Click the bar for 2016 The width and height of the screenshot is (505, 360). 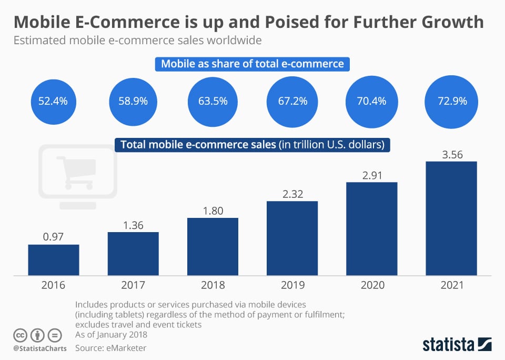coord(54,260)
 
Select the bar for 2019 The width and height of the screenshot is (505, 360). coord(292,238)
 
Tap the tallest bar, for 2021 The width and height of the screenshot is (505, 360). coord(451,218)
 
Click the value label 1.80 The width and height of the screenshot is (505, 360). coord(213,211)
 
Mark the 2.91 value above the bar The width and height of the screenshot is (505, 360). coord(371,175)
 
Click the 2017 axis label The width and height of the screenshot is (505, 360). coord(133,285)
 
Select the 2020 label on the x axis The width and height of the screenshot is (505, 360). coord(371,285)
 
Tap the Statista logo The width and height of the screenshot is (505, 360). coord(457,345)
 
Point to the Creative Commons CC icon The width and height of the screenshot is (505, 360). coord(21,335)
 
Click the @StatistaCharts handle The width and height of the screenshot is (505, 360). coord(40,348)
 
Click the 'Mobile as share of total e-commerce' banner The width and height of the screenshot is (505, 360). coord(252,64)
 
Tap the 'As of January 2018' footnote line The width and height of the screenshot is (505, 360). coord(111,335)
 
